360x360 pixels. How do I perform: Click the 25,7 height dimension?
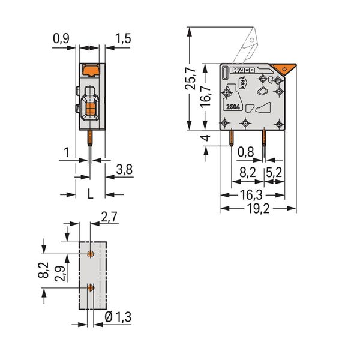point(190,79)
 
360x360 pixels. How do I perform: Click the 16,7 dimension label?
point(206,95)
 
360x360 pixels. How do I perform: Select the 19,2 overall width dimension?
point(258,209)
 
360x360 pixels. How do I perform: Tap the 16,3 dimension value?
point(251,195)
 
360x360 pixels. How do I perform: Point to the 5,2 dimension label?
point(274,172)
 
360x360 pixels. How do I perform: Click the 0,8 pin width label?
point(246,152)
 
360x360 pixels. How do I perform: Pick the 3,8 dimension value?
point(124,170)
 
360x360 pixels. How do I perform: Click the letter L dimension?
point(91,194)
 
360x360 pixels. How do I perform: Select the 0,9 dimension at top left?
point(61,38)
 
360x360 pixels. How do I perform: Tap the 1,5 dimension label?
point(123,38)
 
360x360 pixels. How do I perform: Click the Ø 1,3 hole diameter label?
point(118,317)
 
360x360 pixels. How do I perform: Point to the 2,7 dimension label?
point(109,217)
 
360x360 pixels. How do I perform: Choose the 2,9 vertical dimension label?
point(60,271)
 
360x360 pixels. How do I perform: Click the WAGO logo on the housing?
point(242,70)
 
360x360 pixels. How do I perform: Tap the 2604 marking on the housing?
point(233,107)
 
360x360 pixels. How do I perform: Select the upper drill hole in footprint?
point(91,254)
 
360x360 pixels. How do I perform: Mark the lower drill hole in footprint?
point(91,287)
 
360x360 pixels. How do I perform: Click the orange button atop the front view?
point(91,70)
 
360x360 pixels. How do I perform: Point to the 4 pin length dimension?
point(206,138)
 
